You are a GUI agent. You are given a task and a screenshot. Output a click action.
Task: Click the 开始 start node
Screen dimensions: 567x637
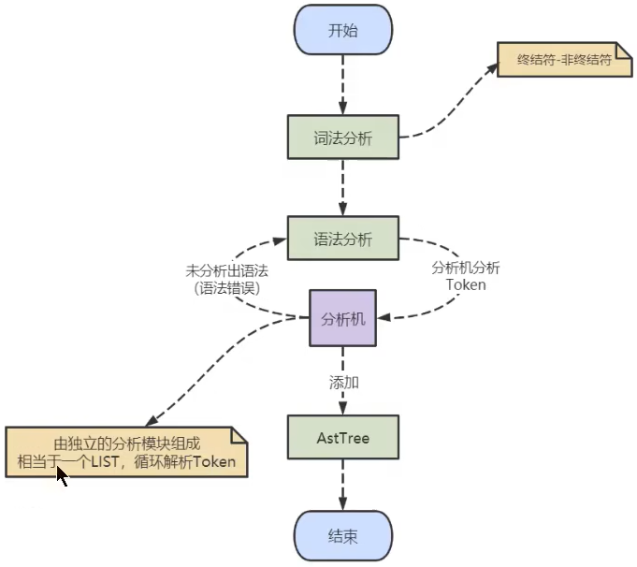click(x=342, y=31)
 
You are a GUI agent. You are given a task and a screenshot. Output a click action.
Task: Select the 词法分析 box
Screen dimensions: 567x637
click(x=342, y=138)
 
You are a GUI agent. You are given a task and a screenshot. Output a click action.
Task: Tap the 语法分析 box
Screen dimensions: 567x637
click(x=342, y=240)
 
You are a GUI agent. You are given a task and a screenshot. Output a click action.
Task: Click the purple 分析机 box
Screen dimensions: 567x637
click(x=342, y=318)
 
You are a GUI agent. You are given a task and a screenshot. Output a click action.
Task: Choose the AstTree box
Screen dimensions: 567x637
click(x=342, y=438)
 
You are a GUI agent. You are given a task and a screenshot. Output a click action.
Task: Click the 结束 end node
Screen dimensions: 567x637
click(x=342, y=536)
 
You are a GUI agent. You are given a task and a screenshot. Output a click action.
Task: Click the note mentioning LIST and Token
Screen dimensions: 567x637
click(x=126, y=452)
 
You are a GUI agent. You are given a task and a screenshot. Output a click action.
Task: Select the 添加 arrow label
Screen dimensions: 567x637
click(x=343, y=383)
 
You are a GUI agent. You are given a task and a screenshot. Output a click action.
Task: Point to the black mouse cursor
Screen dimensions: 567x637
click(x=62, y=475)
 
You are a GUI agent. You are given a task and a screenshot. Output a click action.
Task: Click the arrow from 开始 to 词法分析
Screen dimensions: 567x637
click(x=342, y=84)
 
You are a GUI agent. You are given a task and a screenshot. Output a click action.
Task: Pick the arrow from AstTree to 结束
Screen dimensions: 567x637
click(x=342, y=487)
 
